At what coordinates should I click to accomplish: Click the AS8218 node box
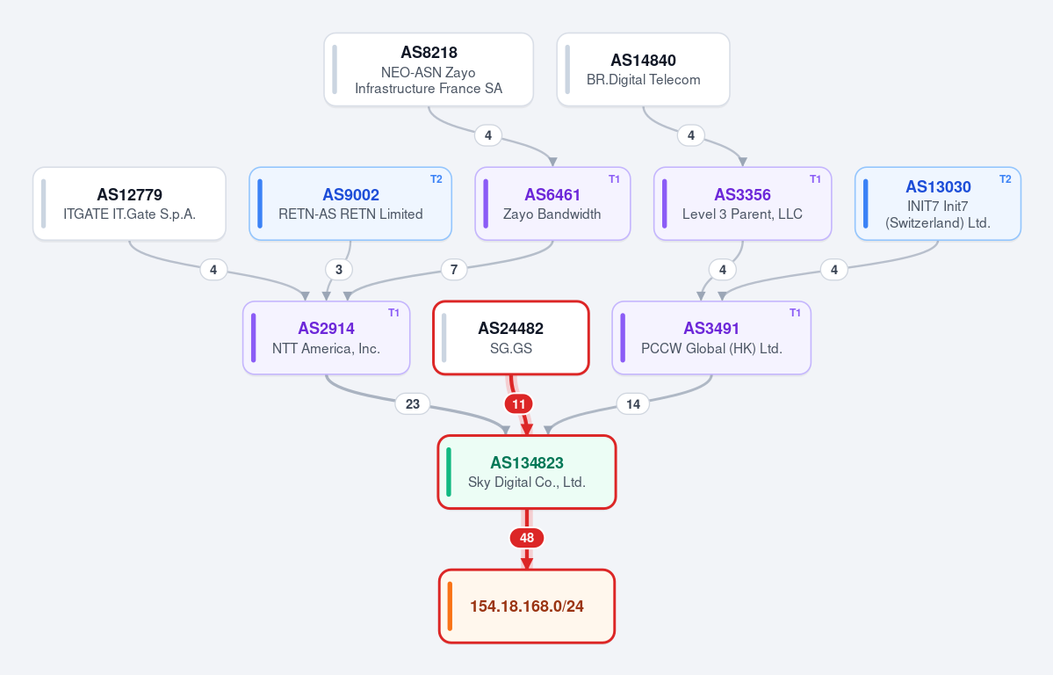[x=429, y=69]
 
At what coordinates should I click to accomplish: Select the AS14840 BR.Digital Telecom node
[x=644, y=69]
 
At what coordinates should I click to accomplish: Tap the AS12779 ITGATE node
[x=130, y=204]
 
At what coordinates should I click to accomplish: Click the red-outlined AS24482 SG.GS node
[x=511, y=337]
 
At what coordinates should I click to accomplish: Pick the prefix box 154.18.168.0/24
[x=527, y=606]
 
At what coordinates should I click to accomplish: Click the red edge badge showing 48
[x=527, y=538]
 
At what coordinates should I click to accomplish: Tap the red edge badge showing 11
[x=518, y=404]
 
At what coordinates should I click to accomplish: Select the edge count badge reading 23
[x=413, y=404]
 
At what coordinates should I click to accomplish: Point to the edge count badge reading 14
[x=633, y=404]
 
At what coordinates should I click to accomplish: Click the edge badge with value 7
[x=454, y=270]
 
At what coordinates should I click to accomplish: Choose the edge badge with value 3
[x=339, y=270]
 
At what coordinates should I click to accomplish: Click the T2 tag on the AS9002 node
[x=436, y=178]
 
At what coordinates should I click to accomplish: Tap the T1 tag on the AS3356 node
[x=815, y=178]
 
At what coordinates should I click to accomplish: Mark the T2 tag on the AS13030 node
[x=1006, y=178]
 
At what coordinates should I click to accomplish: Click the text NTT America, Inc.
[x=327, y=348]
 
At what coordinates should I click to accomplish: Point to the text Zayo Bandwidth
[x=552, y=214]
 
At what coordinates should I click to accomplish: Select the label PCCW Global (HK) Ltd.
[x=712, y=348]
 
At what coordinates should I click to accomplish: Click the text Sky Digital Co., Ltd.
[x=527, y=482]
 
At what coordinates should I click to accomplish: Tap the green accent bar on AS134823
[x=449, y=472]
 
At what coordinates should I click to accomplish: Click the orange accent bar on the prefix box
[x=450, y=606]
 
